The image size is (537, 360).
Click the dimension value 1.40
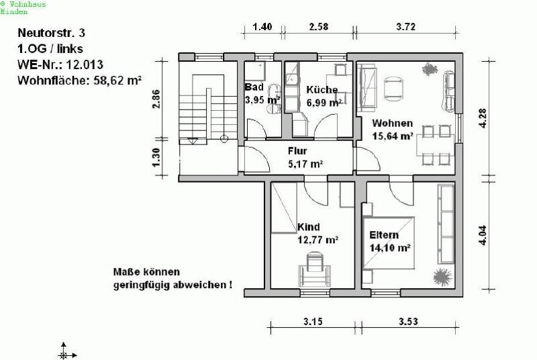(262, 27)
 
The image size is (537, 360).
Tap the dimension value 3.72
(406, 27)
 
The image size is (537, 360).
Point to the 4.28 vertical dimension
(483, 118)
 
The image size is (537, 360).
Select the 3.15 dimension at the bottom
(313, 322)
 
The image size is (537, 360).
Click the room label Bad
(254, 87)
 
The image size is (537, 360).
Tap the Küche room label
(322, 90)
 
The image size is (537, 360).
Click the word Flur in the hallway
(297, 150)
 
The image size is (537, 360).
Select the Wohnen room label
(393, 123)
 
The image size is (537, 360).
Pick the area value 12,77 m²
(318, 240)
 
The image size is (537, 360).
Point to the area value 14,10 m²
(390, 248)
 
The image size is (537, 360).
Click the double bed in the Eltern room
(389, 242)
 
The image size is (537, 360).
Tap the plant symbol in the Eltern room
(443, 277)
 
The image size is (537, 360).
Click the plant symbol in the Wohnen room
(430, 70)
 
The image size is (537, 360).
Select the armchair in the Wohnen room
(393, 89)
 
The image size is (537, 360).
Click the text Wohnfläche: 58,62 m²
(79, 81)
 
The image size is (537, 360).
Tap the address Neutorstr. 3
(52, 33)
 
